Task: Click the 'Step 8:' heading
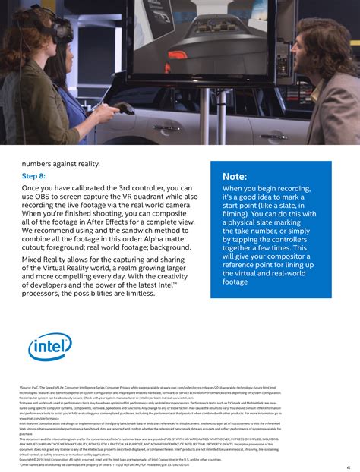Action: coord(33,176)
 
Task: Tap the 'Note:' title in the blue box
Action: coord(235,177)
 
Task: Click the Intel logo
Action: coord(50,347)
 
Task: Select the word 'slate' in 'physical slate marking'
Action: coord(283,222)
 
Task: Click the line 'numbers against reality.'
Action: coord(61,163)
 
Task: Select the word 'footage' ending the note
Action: coord(235,282)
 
